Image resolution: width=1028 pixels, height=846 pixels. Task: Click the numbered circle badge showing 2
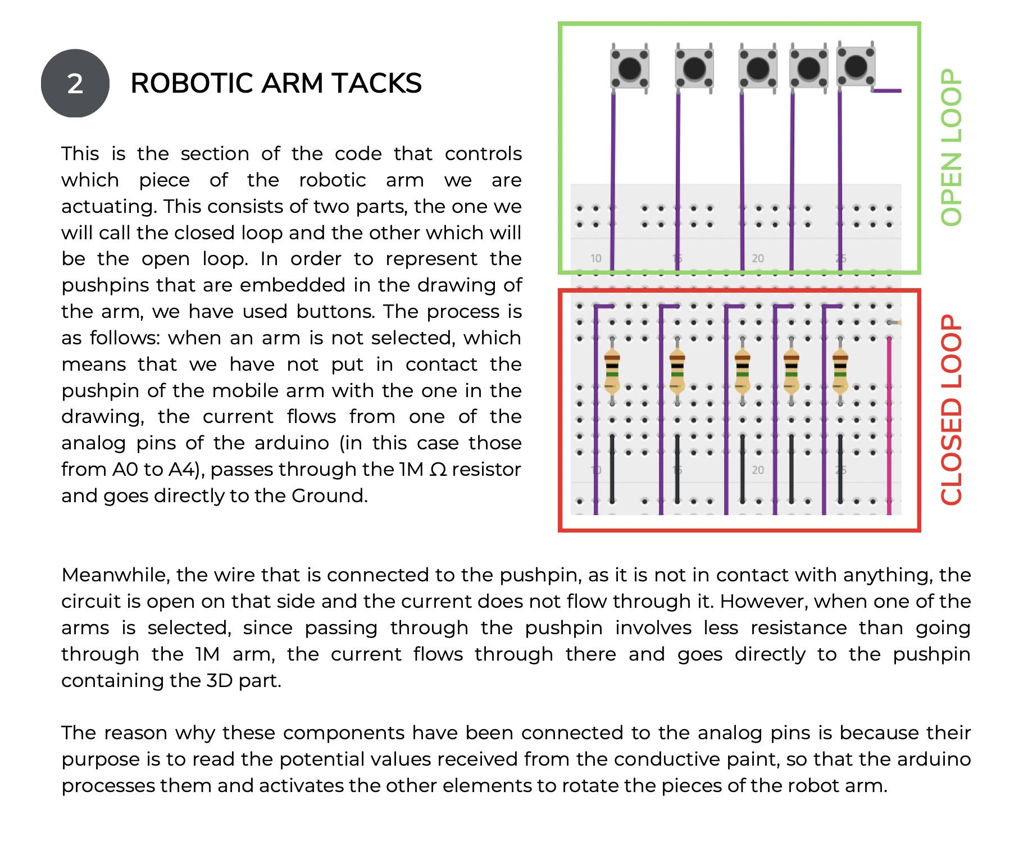tap(75, 84)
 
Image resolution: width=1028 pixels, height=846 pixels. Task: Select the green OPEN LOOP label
tap(951, 148)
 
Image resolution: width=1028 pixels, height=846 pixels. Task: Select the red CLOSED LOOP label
tap(951, 410)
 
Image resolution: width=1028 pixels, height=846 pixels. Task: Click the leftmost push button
tap(630, 69)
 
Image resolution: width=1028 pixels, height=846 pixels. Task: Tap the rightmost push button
tap(856, 66)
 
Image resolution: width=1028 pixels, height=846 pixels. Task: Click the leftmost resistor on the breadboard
tap(612, 370)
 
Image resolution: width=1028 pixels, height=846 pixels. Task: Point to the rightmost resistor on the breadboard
tap(840, 370)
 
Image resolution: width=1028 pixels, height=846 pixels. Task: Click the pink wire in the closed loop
tap(889, 427)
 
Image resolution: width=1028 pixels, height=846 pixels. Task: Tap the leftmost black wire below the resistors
tap(612, 469)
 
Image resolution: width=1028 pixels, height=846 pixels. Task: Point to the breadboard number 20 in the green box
tap(758, 258)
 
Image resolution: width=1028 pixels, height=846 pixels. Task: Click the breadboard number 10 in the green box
tap(595, 258)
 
